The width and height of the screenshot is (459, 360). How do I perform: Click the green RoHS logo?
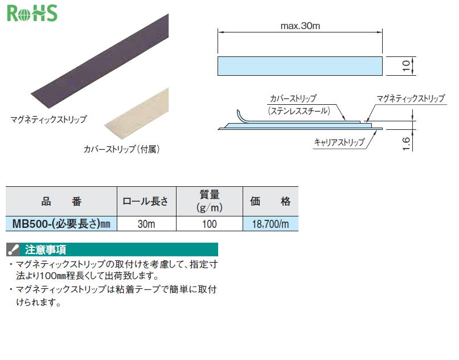(x=32, y=14)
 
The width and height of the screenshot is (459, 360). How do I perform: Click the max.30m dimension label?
(x=300, y=26)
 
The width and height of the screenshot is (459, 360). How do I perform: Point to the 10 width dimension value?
(x=406, y=66)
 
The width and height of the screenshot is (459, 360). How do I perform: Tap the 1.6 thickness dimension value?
(x=406, y=144)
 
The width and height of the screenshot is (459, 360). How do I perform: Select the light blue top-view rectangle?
(x=300, y=66)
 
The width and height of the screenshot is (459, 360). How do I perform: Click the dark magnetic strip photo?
(x=100, y=61)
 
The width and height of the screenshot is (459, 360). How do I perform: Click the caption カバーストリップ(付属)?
(x=121, y=149)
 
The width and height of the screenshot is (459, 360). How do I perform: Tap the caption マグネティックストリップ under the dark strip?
(x=48, y=119)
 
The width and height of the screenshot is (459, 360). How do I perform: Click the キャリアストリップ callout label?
(x=339, y=142)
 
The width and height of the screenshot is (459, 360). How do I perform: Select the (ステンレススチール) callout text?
(x=299, y=111)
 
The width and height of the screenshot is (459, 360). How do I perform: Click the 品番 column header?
(x=61, y=202)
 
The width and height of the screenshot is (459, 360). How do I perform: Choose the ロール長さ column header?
(x=146, y=202)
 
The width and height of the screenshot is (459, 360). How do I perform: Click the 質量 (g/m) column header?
(x=210, y=202)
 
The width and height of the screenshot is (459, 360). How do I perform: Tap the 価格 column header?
(x=271, y=202)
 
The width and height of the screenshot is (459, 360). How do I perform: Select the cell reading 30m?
(x=146, y=224)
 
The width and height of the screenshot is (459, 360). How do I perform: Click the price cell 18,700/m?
(x=271, y=224)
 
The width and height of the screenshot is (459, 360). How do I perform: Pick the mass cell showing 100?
(x=210, y=224)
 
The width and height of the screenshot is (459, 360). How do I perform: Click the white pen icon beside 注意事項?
(x=13, y=249)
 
